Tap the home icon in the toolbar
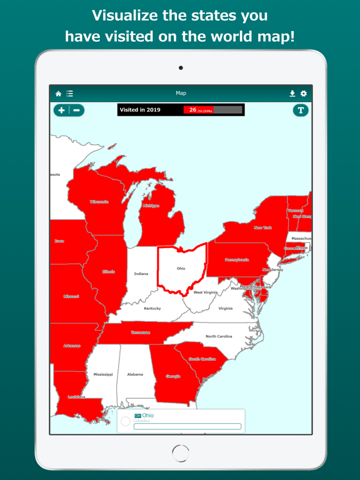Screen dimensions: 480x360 (59, 94)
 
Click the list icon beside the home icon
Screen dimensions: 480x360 (69, 94)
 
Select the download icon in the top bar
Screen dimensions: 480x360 (292, 94)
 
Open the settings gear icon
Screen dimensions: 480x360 (304, 94)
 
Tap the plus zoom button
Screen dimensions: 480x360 (61, 110)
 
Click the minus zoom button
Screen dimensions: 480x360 (77, 110)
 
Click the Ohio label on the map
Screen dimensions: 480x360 (181, 269)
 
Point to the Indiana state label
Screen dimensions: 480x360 (141, 274)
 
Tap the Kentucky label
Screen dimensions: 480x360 (152, 308)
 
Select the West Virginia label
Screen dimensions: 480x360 (205, 292)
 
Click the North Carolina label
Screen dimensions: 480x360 (219, 336)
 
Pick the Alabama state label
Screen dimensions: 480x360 (135, 374)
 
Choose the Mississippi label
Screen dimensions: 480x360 (103, 374)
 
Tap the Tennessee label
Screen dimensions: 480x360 (140, 332)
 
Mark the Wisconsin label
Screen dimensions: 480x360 (99, 202)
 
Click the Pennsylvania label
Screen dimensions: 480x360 (237, 259)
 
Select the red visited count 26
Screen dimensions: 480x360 (193, 110)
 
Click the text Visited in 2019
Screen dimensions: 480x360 (140, 110)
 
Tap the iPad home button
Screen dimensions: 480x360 (181, 452)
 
